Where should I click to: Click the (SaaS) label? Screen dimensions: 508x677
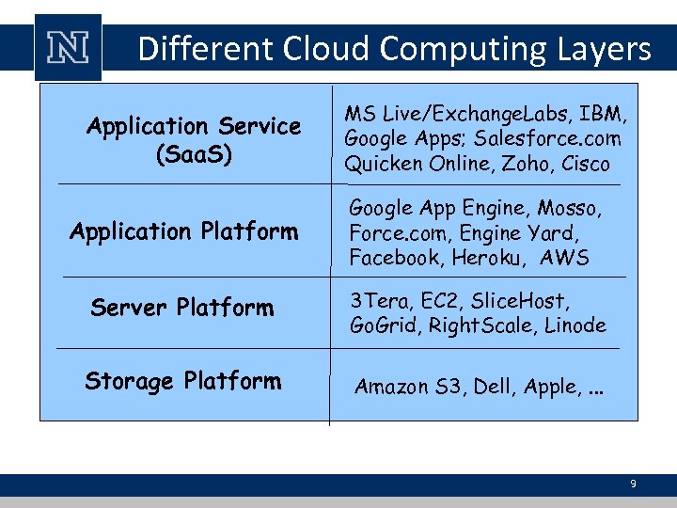click(x=193, y=152)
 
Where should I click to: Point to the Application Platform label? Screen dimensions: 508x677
click(x=183, y=231)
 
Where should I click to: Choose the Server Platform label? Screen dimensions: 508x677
click(x=182, y=308)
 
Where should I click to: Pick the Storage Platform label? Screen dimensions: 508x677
click(x=182, y=381)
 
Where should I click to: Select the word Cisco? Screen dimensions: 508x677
click(x=587, y=165)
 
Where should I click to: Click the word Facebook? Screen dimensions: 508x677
click(x=394, y=258)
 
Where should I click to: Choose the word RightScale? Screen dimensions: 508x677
click(x=477, y=326)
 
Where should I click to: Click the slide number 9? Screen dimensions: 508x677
click(x=633, y=484)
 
